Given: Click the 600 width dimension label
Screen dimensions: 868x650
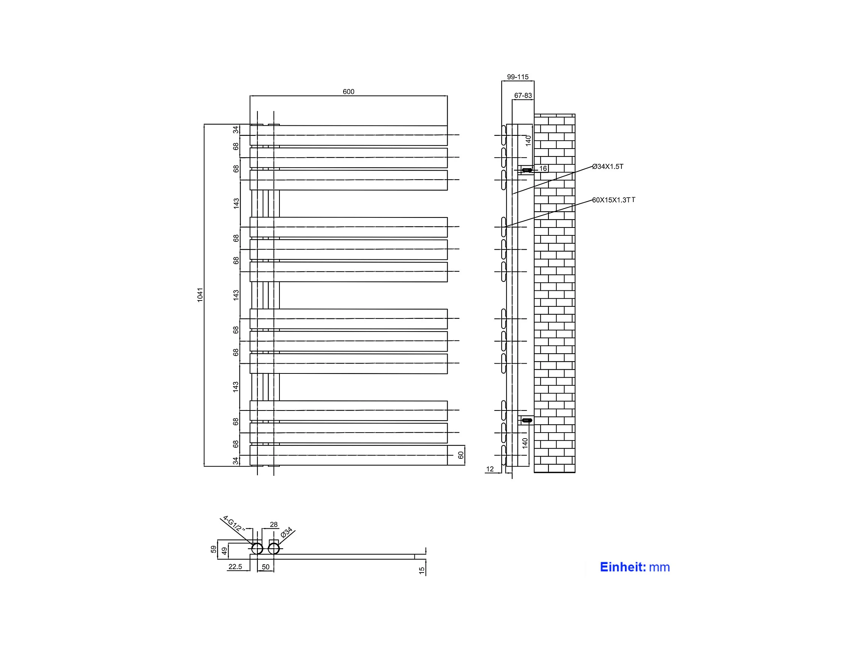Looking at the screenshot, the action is point(348,92).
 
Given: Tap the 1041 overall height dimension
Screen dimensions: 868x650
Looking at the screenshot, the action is point(200,295).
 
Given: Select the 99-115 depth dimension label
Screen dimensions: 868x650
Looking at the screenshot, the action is point(518,77).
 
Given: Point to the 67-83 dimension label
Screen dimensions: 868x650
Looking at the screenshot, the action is point(523,95).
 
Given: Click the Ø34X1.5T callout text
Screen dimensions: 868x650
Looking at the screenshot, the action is point(607,167).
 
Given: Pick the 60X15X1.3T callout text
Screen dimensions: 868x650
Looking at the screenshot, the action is point(613,200).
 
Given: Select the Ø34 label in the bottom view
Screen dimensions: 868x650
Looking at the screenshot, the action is point(287,532).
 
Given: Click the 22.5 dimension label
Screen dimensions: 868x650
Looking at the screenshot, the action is point(235,567).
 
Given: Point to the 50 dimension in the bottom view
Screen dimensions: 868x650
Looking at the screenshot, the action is point(266,567).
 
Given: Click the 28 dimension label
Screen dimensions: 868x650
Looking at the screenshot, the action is point(274,525).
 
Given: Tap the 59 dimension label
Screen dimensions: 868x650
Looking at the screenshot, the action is point(214,549).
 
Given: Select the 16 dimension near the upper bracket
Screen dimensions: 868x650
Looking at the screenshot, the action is point(543,168).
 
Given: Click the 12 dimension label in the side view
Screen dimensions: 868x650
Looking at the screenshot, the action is point(490,469).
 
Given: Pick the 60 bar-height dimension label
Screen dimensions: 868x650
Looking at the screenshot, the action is point(461,455).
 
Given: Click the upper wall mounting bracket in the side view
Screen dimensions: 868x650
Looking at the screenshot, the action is point(527,170).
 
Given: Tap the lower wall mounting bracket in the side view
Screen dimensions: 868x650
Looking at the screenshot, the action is point(527,420).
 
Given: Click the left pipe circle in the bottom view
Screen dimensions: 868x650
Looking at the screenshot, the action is point(257,549).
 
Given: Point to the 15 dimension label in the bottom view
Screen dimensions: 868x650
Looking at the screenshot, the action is point(422,571).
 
